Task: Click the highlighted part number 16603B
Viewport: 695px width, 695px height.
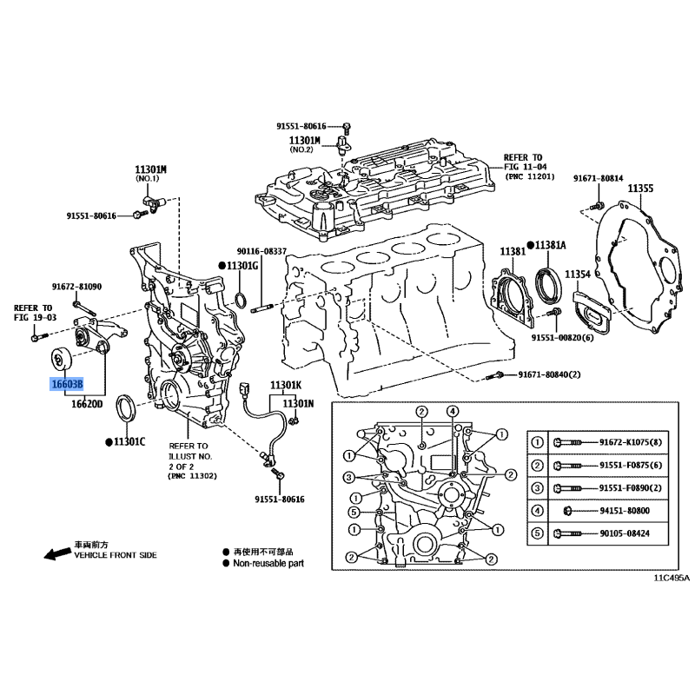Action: [67, 384]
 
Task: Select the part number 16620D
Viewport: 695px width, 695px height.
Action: [87, 404]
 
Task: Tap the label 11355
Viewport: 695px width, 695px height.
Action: [640, 189]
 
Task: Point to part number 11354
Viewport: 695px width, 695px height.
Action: [578, 275]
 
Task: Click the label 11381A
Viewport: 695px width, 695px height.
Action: [550, 245]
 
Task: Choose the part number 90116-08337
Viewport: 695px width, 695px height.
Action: [261, 251]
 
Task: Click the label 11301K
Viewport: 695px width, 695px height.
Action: [286, 385]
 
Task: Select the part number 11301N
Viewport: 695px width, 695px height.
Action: [298, 403]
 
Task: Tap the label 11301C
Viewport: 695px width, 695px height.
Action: [129, 442]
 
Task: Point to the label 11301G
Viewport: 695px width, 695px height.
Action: [242, 266]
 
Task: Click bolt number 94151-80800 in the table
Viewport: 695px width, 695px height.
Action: [625, 511]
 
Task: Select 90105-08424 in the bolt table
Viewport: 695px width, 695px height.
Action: [625, 533]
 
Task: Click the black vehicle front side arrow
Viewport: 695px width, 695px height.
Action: [57, 553]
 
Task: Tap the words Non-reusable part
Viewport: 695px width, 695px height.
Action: [268, 563]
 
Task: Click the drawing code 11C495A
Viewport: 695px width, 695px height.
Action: [672, 578]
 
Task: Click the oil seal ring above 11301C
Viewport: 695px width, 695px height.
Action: [127, 407]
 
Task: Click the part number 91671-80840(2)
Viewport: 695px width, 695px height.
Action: [549, 374]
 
